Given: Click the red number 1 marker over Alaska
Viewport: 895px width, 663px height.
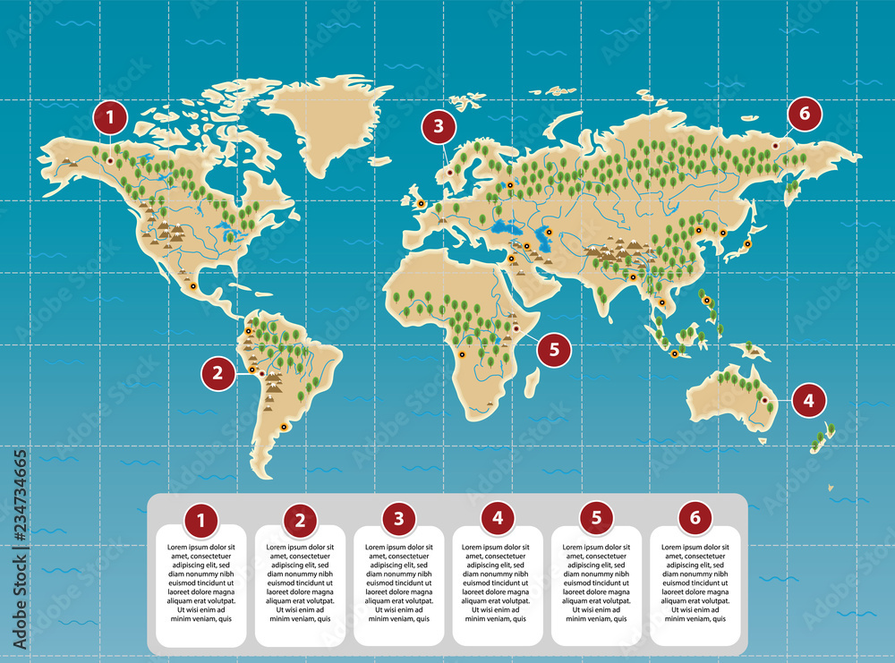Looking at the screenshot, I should click(x=110, y=116).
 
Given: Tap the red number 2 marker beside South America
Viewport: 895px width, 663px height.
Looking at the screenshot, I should click(x=217, y=372).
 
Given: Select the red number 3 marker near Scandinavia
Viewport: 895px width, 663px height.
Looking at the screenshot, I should click(x=438, y=126).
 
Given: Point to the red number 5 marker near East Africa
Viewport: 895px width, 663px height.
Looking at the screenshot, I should click(x=554, y=350).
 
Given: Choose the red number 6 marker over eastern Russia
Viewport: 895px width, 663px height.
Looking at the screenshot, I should click(x=805, y=114).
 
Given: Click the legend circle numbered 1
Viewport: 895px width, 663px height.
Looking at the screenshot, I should click(x=201, y=519).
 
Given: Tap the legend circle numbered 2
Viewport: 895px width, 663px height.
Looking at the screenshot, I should click(x=300, y=520).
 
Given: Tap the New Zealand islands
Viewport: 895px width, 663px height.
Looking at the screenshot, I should click(x=822, y=438).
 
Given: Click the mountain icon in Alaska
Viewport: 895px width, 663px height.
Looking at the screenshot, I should click(x=69, y=161).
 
